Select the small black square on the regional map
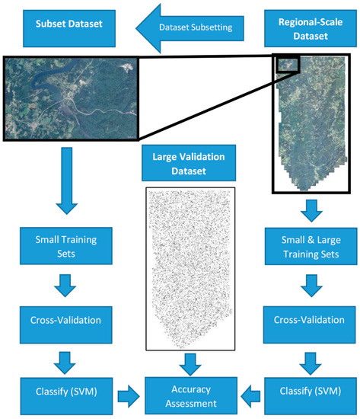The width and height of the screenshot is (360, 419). tap(288, 64)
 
